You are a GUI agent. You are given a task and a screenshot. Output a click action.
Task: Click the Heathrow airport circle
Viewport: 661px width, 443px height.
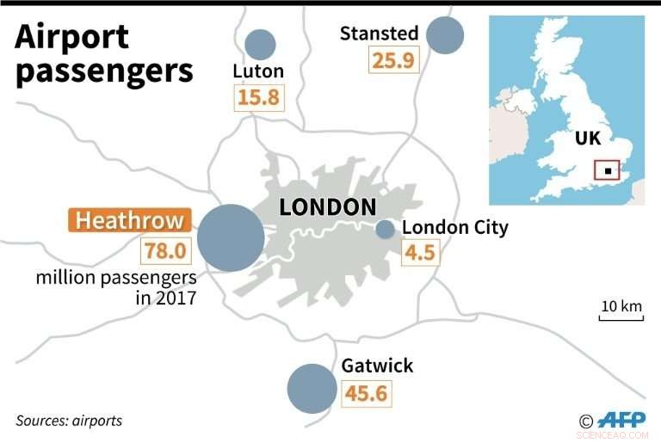(231, 237)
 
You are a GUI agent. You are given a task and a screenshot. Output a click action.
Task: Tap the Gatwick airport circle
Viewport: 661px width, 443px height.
(312, 389)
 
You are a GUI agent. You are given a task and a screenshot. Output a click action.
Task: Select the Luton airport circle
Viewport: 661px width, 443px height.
(260, 45)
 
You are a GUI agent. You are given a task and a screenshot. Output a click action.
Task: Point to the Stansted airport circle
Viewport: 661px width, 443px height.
(445, 34)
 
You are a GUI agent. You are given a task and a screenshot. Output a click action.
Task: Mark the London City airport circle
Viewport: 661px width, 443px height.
(386, 229)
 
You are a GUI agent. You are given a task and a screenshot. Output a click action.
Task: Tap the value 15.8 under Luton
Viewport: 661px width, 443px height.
(259, 97)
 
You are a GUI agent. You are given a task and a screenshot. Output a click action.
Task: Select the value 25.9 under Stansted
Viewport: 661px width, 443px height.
(393, 60)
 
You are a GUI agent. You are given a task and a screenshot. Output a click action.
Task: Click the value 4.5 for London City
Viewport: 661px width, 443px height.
(422, 255)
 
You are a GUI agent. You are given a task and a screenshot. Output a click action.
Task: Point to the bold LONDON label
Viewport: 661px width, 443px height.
(328, 207)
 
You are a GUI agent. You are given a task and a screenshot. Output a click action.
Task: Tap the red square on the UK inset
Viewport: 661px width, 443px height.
(608, 170)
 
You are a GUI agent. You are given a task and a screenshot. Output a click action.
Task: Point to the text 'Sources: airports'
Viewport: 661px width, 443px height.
(69, 421)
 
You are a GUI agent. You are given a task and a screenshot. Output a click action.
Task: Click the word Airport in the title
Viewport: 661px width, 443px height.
(72, 37)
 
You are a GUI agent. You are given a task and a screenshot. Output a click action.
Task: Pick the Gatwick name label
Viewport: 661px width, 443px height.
(377, 366)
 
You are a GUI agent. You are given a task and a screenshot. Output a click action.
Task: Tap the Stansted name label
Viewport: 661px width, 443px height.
(379, 34)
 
